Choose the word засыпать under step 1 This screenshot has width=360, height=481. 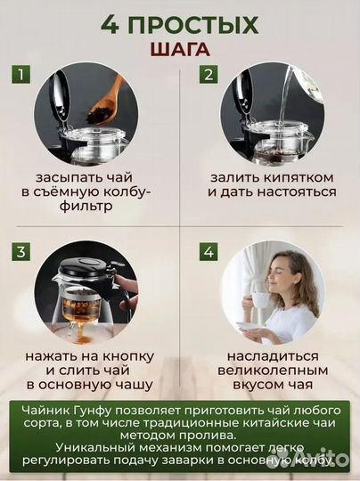pyautogui.click(x=69, y=175)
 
